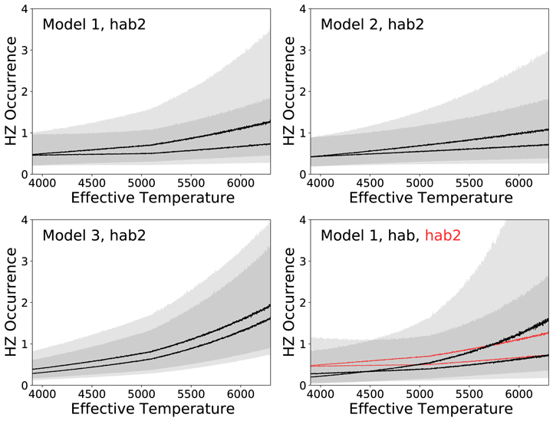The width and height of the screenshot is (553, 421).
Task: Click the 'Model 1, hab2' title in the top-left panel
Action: [94, 25]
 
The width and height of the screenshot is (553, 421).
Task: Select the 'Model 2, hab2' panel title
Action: [372, 25]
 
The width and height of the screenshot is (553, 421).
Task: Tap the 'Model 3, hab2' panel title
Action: [94, 235]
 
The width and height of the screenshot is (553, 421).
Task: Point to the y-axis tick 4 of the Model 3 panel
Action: [24, 221]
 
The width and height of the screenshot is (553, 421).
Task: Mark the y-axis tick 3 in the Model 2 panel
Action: [302, 51]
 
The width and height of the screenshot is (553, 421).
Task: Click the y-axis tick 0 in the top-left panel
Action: [24, 175]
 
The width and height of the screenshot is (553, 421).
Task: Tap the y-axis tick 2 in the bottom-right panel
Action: [302, 303]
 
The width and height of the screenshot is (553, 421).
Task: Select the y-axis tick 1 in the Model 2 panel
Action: [302, 133]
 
